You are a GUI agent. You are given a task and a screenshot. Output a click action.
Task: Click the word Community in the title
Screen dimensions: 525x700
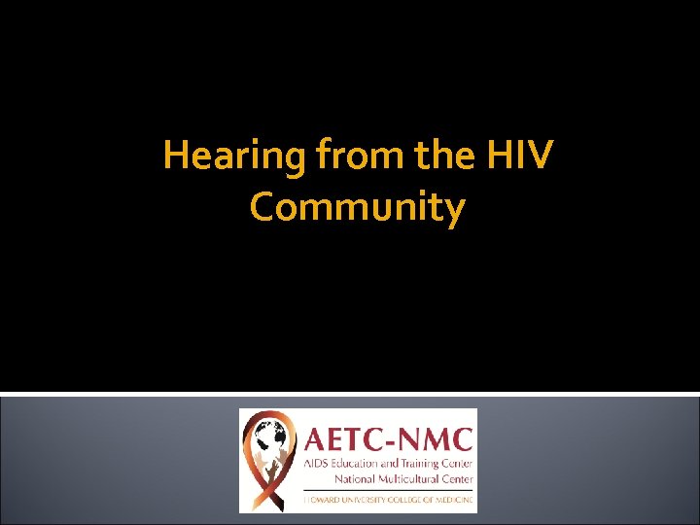tap(357, 207)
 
